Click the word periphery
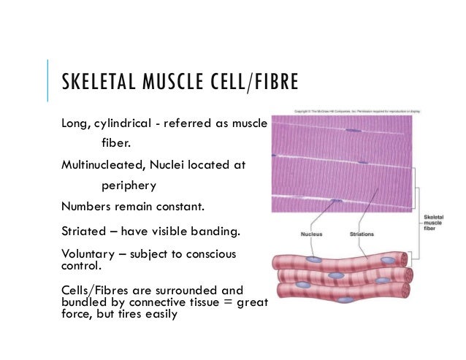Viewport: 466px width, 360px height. pyautogui.click(x=132, y=185)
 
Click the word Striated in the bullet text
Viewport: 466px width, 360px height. pyautogui.click(x=84, y=233)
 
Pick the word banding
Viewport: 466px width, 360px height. pyautogui.click(x=217, y=233)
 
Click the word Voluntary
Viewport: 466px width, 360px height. pyautogui.click(x=90, y=254)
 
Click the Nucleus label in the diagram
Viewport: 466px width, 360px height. pyautogui.click(x=312, y=234)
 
